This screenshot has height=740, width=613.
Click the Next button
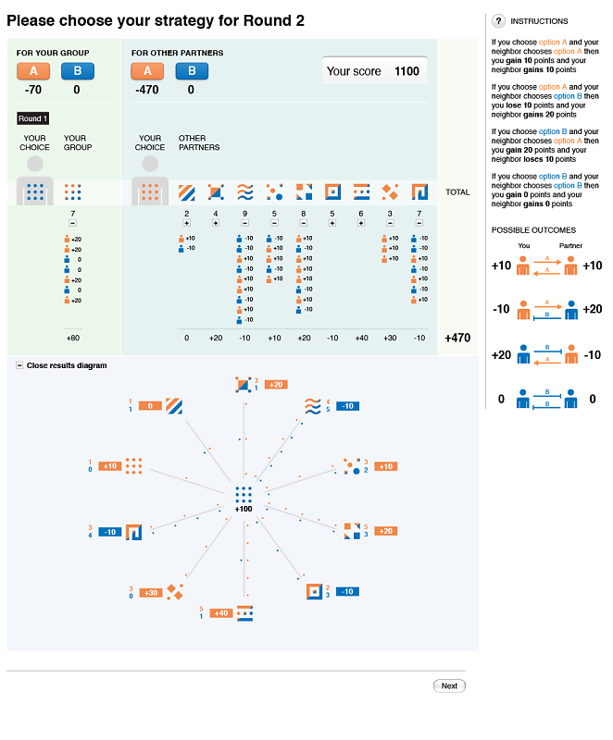(x=449, y=685)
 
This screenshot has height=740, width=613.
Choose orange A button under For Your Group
(x=33, y=71)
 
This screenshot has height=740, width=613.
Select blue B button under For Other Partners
(x=192, y=71)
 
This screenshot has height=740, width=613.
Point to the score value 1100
(x=407, y=71)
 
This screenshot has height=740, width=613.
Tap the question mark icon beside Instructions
(x=498, y=20)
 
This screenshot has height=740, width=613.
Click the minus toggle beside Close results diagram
(x=20, y=365)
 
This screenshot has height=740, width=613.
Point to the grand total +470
(x=458, y=339)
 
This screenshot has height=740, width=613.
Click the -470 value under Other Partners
(x=148, y=90)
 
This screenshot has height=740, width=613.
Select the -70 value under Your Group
(x=33, y=90)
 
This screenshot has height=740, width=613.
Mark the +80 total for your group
(x=73, y=339)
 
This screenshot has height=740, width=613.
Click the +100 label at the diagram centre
(x=244, y=509)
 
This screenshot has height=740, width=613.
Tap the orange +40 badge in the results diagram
(x=220, y=612)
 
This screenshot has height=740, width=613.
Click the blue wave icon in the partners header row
(x=244, y=192)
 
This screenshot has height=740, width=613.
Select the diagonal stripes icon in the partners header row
(x=187, y=192)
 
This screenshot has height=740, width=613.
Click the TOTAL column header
(x=457, y=192)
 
